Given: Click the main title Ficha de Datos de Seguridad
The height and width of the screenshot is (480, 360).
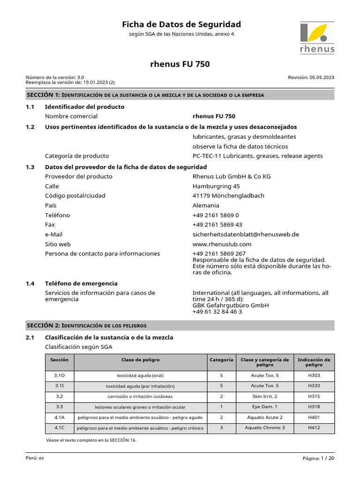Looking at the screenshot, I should point(181,24).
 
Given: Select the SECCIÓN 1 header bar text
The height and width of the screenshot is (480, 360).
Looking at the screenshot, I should point(145,95).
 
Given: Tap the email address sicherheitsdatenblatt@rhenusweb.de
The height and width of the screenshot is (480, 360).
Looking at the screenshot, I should point(246,234).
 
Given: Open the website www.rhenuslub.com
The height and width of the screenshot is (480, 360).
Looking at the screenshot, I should point(222,244).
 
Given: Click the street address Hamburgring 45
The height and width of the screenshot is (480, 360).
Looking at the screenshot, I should point(216,186).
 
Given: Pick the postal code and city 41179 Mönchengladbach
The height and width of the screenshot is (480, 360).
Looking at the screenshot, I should point(228,196).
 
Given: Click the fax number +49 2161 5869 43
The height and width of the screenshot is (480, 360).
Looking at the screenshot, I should point(217,225).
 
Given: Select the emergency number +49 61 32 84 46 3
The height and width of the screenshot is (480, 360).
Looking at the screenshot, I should point(217,312).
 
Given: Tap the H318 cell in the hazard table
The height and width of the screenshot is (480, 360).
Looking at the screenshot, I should point(314,407).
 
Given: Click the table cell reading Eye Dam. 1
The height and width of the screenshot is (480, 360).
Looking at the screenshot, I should point(264,407).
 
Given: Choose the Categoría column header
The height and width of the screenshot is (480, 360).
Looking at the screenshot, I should point(221,360).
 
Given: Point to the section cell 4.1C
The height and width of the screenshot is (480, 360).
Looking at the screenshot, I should point(60,427).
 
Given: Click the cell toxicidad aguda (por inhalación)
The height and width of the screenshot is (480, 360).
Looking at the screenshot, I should point(140,386).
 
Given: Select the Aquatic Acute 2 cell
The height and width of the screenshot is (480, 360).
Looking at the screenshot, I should point(264,417).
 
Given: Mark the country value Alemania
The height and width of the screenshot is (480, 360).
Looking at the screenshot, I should point(206,206).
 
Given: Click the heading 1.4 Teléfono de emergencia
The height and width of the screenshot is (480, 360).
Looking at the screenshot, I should point(81,284).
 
